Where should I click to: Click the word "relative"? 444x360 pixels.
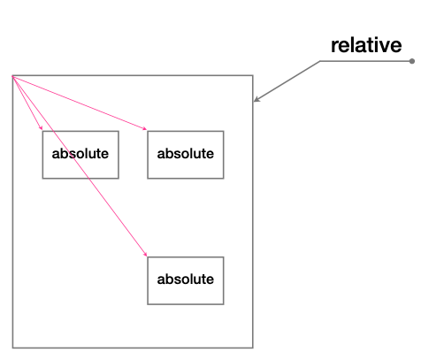(x=366, y=45)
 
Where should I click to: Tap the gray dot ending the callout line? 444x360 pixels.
(x=412, y=61)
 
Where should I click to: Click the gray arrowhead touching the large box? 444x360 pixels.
(x=256, y=99)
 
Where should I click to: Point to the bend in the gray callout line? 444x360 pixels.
(x=320, y=61)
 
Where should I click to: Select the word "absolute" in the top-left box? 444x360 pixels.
(x=80, y=153)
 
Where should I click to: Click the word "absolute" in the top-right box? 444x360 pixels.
(x=186, y=153)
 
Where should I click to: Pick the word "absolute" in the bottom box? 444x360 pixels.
(x=186, y=279)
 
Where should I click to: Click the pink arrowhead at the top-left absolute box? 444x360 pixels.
(x=41, y=127)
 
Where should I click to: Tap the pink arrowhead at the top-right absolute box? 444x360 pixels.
(x=145, y=128)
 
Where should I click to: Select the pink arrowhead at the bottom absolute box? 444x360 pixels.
(x=145, y=254)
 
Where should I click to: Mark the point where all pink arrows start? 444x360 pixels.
(x=12, y=76)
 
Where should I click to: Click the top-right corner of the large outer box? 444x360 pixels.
(x=253, y=75)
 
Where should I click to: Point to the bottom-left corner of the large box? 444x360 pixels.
(x=12, y=348)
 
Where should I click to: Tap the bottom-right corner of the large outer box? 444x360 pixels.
(x=253, y=348)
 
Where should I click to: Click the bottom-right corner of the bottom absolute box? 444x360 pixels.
(x=224, y=304)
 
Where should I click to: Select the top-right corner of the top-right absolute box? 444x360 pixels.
(x=224, y=131)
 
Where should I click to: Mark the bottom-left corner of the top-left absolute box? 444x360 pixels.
(x=42, y=178)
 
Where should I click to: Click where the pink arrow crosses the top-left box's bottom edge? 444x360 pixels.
(x=88, y=178)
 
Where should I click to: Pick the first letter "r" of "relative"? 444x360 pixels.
(x=334, y=47)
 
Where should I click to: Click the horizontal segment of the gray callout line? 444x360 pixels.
(x=366, y=61)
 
